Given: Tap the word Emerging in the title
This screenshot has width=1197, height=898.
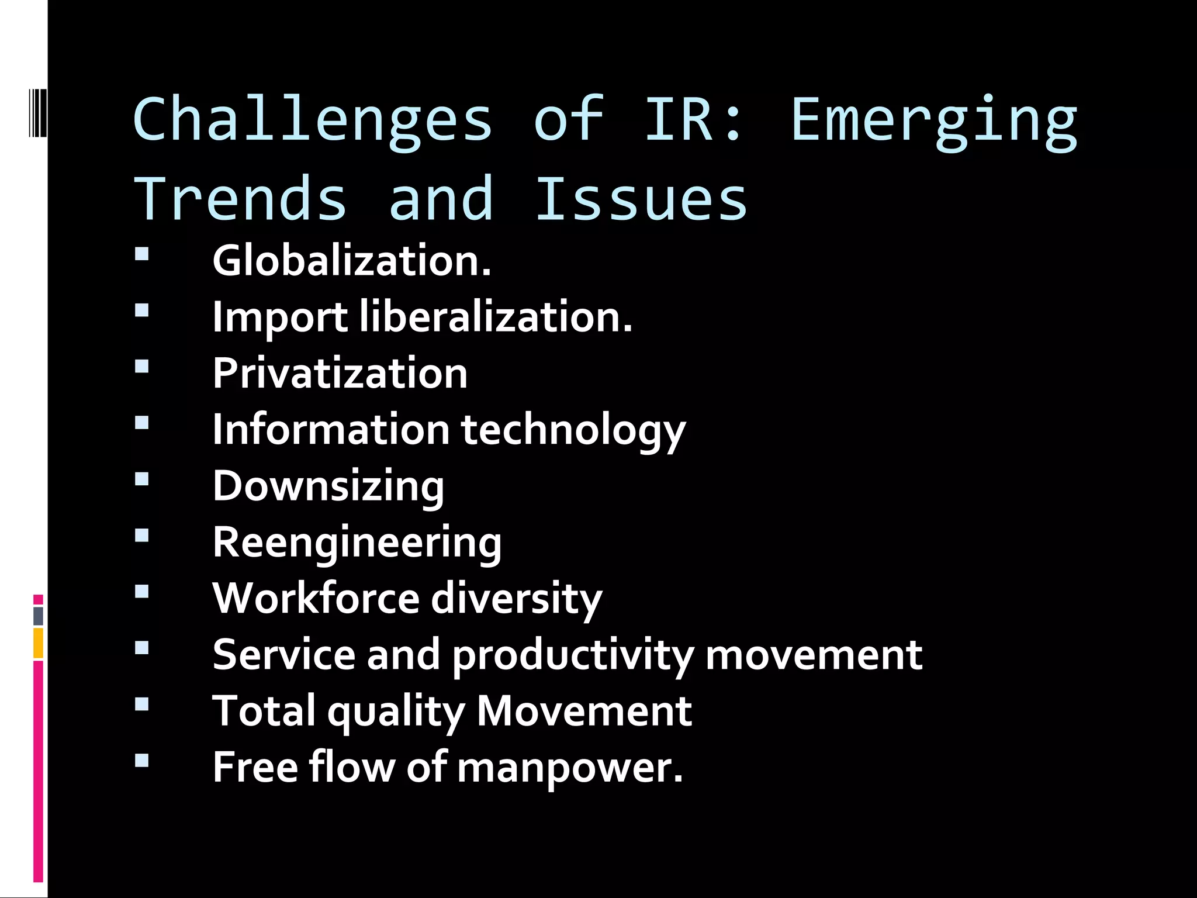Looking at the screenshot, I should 933,120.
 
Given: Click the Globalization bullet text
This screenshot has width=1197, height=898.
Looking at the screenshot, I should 351,261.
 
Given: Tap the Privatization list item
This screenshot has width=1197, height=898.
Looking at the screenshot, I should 340,373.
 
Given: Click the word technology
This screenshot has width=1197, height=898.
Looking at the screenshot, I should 573,430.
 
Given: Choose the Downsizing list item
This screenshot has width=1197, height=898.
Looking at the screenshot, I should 328,486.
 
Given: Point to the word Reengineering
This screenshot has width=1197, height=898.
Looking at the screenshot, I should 357,543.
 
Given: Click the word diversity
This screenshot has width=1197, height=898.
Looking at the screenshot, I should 517,599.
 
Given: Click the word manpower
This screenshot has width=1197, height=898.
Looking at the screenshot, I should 570,768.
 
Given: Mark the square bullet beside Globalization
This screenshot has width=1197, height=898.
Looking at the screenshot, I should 141,254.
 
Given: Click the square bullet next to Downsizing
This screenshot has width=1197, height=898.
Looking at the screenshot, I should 141,479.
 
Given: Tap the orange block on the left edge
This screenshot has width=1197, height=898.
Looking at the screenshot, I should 39,643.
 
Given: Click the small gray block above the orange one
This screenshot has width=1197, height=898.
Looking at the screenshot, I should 39,616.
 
